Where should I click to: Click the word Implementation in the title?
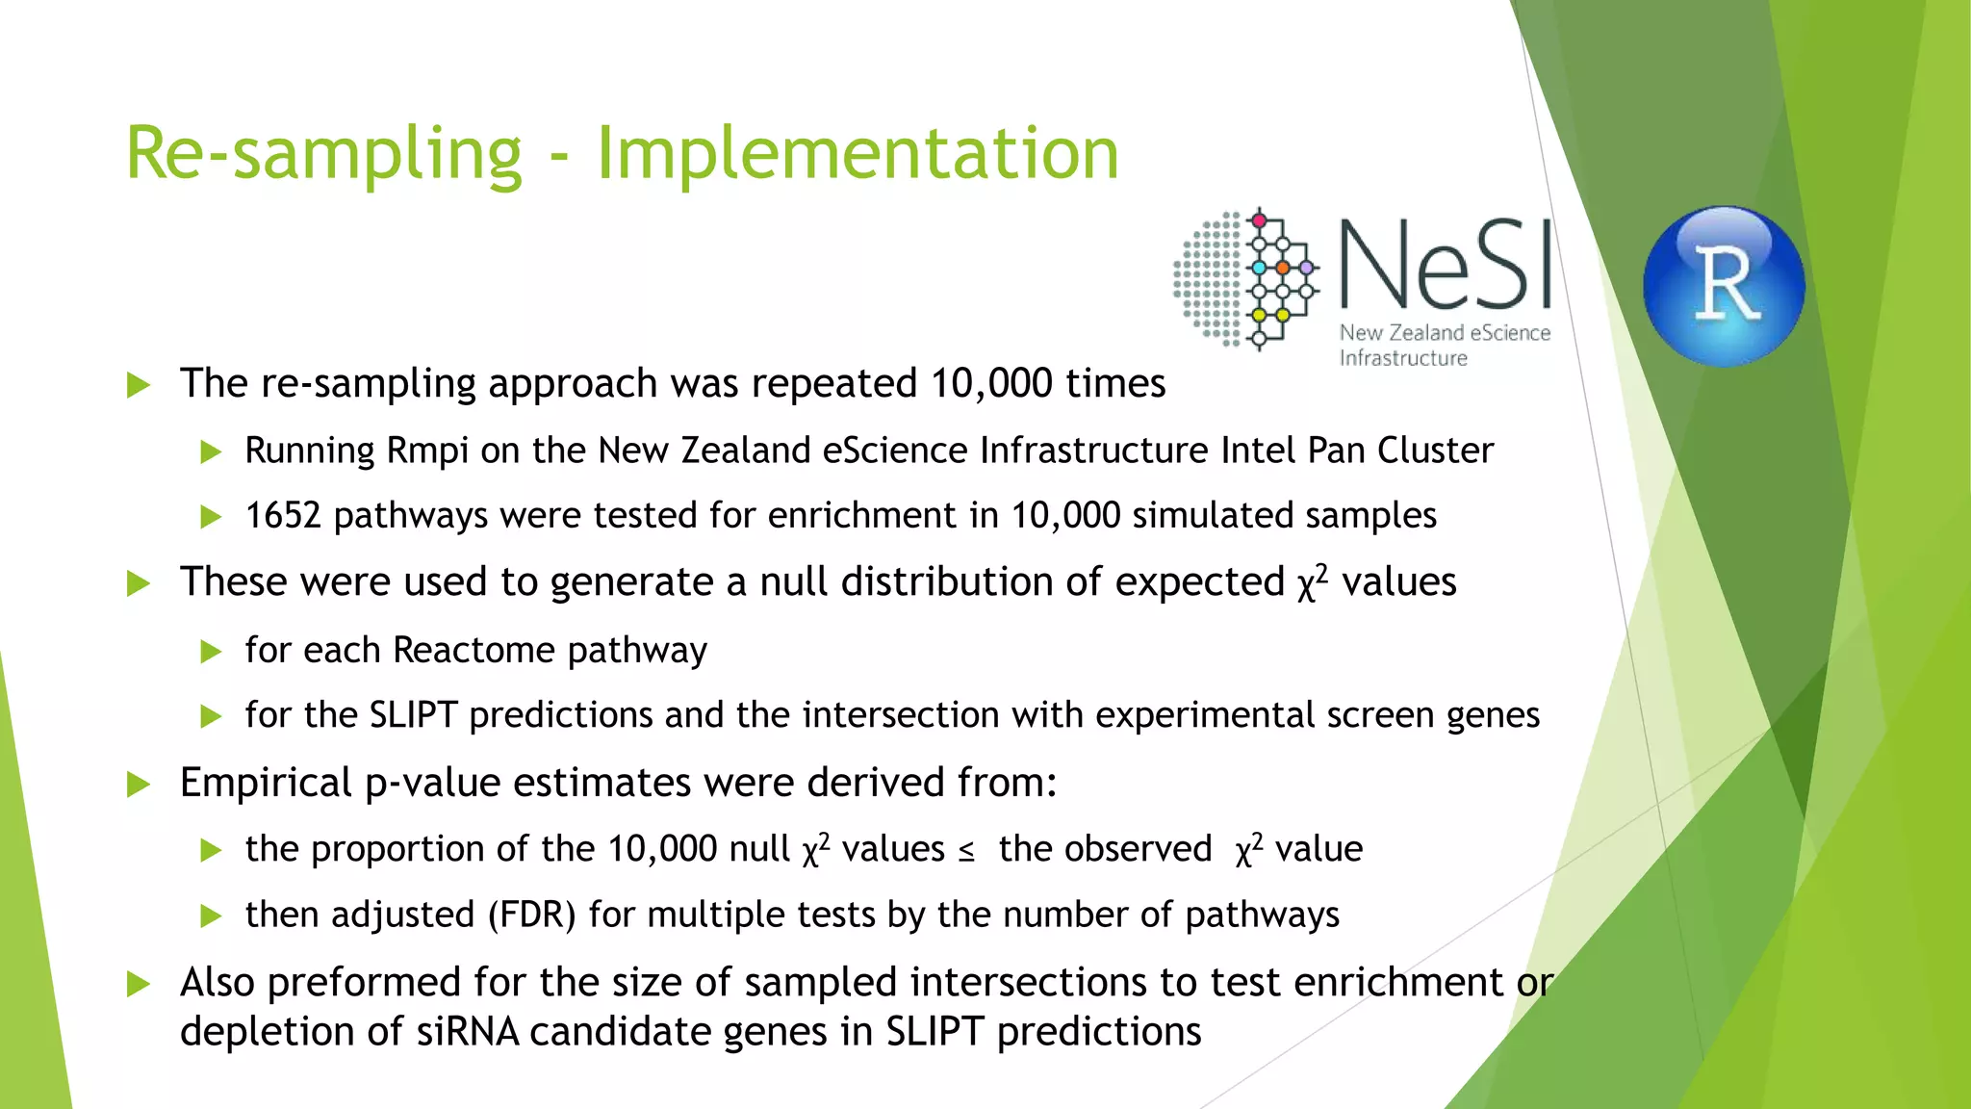click(x=858, y=154)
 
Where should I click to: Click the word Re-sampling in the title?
click(x=324, y=154)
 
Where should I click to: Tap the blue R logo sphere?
click(x=1724, y=285)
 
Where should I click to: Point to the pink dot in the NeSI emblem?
click(x=1259, y=220)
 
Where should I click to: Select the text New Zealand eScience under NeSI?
click(x=1445, y=333)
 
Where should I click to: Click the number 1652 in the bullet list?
click(x=282, y=516)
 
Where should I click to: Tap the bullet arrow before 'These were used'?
click(x=139, y=583)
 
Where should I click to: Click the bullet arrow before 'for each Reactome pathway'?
click(x=211, y=652)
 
